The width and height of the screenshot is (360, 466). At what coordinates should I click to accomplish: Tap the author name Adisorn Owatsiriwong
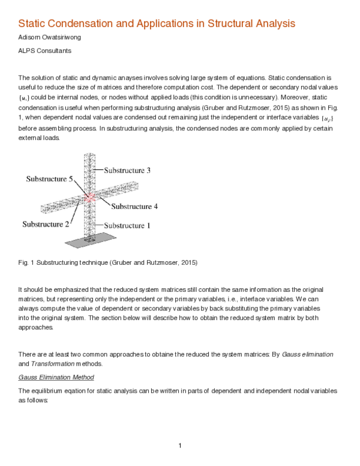click(50, 38)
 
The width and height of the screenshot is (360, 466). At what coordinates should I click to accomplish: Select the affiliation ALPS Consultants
click(45, 51)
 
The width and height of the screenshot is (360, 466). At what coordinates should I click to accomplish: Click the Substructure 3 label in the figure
click(127, 171)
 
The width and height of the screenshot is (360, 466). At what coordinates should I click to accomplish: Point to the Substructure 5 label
click(49, 179)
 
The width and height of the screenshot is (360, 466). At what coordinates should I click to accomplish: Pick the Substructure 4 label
click(134, 206)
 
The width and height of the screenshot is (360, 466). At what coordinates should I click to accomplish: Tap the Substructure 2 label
click(45, 224)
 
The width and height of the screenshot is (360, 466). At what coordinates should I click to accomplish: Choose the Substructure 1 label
click(127, 225)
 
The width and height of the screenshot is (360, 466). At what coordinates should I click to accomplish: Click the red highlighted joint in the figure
click(90, 196)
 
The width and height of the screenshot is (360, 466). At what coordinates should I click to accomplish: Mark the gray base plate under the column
click(91, 241)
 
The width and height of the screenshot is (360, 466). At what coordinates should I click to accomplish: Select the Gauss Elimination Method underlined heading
click(56, 377)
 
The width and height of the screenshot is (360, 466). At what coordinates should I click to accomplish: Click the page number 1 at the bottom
click(179, 445)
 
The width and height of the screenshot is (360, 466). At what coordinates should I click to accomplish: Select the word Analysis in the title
click(276, 24)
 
